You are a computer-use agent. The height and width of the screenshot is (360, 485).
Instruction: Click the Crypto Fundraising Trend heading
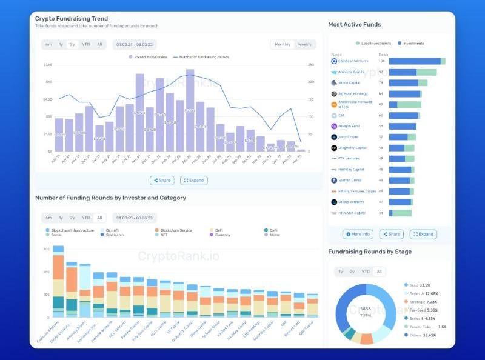(x=72, y=19)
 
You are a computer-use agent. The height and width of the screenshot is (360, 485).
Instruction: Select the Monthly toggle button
(x=283, y=44)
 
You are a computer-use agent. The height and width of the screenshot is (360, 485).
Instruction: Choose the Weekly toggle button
(x=305, y=44)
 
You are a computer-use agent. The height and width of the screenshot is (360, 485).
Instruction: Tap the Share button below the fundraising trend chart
(x=162, y=181)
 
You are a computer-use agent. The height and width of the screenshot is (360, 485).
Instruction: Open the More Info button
(x=358, y=234)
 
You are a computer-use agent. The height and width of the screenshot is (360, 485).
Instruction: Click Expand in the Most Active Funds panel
(x=423, y=234)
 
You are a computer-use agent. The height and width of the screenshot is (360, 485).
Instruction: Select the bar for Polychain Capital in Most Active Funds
(x=400, y=213)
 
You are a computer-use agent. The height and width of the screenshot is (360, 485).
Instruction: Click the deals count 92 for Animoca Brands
(x=381, y=72)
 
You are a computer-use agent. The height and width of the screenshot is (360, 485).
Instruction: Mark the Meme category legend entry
(x=275, y=235)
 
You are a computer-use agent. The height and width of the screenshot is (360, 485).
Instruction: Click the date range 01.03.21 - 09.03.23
(x=133, y=44)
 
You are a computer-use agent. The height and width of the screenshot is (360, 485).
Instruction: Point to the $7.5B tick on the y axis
(x=48, y=65)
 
